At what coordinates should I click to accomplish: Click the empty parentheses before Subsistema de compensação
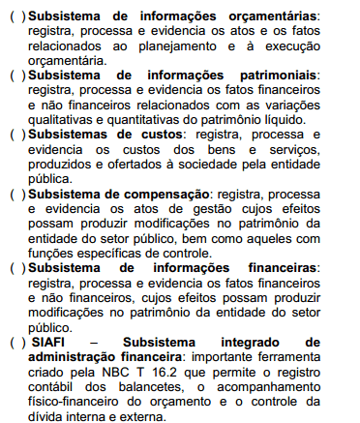coord(16,194)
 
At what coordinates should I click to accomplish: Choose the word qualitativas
coord(67,120)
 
